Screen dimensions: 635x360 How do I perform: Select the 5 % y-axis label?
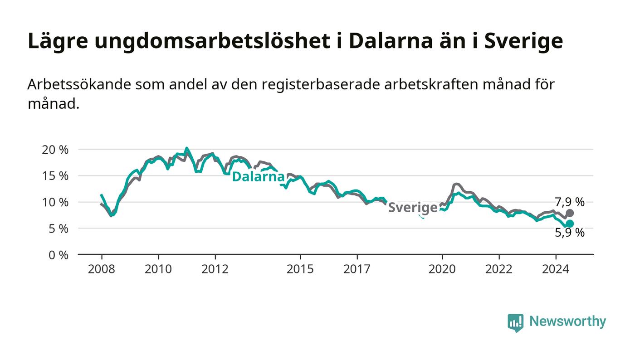59,229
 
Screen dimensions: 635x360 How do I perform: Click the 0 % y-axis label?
59,255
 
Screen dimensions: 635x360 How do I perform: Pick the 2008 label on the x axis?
102,269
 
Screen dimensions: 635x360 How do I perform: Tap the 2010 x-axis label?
158,269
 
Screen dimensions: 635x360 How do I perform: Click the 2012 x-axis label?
215,269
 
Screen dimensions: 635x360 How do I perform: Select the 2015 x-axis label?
300,269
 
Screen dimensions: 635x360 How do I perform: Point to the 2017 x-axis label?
357,269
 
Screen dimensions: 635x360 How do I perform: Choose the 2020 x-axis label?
442,269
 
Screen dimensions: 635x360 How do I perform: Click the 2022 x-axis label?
499,269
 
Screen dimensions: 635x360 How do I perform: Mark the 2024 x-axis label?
556,269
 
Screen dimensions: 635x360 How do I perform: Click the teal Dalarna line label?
258,176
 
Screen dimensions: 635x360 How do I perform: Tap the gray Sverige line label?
412,208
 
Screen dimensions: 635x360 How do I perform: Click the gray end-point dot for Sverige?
570,213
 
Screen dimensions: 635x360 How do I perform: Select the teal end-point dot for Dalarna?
570,224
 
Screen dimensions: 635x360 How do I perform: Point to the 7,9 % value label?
570,202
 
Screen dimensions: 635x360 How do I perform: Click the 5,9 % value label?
570,233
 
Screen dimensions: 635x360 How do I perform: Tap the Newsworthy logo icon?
515,322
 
